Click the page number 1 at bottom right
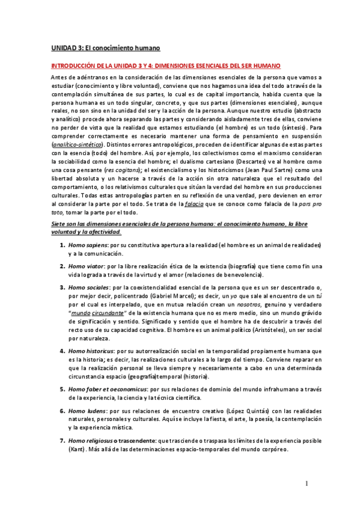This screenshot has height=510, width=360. tap(306, 484)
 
